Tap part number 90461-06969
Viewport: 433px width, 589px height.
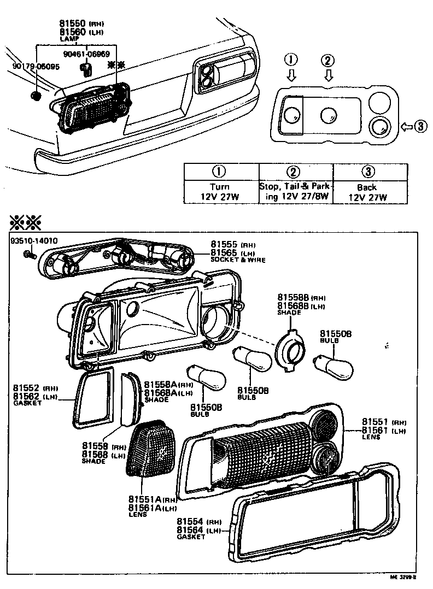click(x=86, y=54)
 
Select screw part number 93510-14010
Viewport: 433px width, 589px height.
click(x=33, y=241)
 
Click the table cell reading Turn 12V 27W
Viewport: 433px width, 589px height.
click(x=220, y=192)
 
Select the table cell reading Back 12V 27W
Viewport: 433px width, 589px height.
click(x=370, y=192)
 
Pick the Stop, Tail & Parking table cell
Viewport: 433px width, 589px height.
click(x=295, y=192)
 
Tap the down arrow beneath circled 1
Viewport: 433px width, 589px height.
click(x=291, y=76)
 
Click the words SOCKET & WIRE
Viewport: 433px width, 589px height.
click(x=238, y=260)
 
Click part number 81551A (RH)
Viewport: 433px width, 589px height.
click(x=145, y=499)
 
